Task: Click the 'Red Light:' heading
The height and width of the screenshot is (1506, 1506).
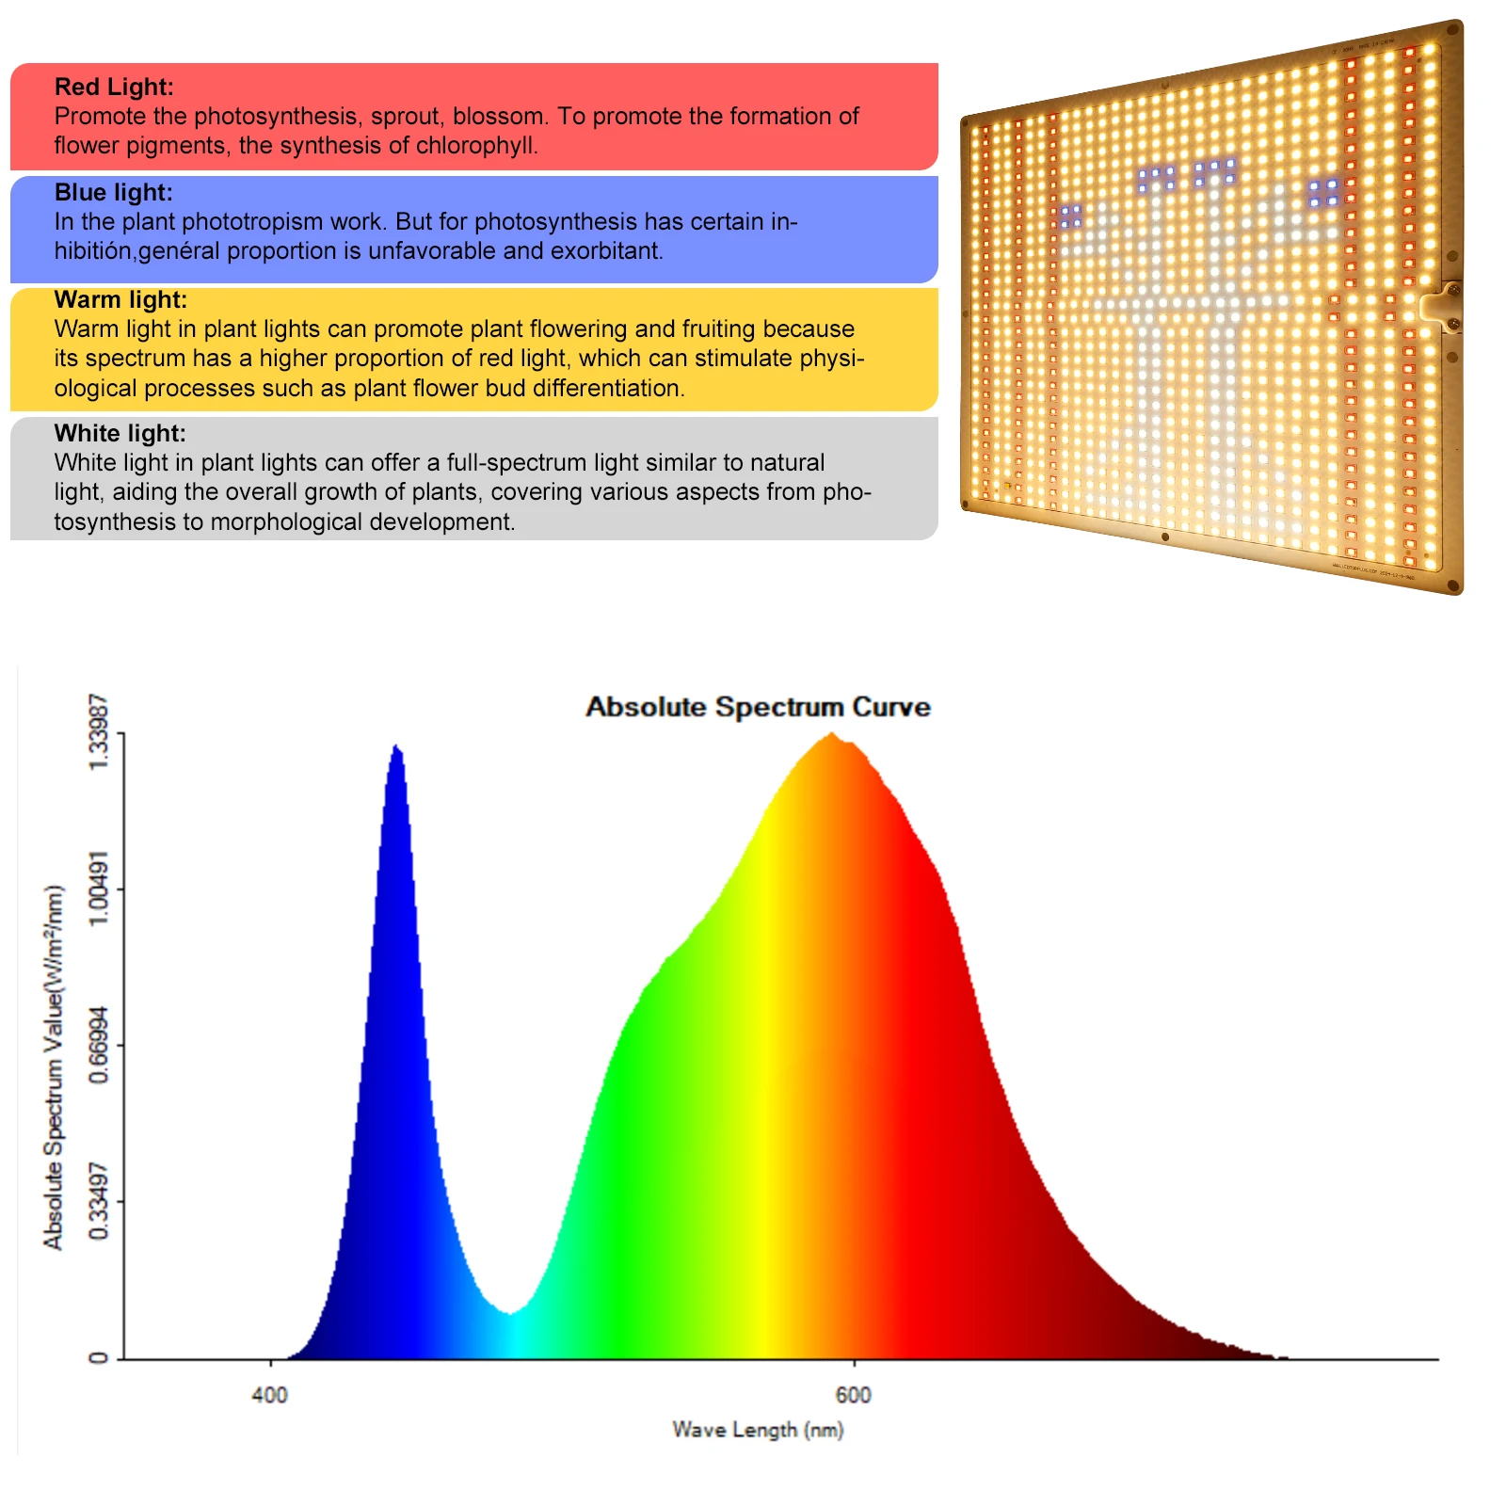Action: tap(114, 88)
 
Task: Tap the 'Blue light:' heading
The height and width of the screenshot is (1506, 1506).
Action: tap(113, 193)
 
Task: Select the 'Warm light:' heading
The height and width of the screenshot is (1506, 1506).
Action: tap(120, 300)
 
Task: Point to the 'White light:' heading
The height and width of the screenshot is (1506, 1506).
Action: tap(120, 434)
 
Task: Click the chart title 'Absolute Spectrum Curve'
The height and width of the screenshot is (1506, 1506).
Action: tap(758, 708)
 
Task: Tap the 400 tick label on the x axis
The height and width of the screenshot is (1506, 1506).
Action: tap(270, 1395)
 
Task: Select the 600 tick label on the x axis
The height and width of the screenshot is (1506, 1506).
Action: tap(854, 1395)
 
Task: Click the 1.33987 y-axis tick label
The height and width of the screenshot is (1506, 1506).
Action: tap(99, 732)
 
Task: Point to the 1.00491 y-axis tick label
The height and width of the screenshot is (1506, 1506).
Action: tap(99, 889)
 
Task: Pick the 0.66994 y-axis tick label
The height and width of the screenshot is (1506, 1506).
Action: tap(99, 1045)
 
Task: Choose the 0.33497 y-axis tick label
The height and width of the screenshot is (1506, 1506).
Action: tap(99, 1201)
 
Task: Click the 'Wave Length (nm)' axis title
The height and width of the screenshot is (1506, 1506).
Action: tap(758, 1430)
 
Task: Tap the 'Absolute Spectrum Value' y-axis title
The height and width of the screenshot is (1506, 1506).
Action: tap(54, 1067)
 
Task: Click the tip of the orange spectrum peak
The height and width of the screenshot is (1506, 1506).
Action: tap(832, 734)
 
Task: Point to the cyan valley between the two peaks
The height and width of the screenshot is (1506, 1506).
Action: tap(510, 1314)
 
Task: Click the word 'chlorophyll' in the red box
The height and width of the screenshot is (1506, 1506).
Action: tap(475, 146)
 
